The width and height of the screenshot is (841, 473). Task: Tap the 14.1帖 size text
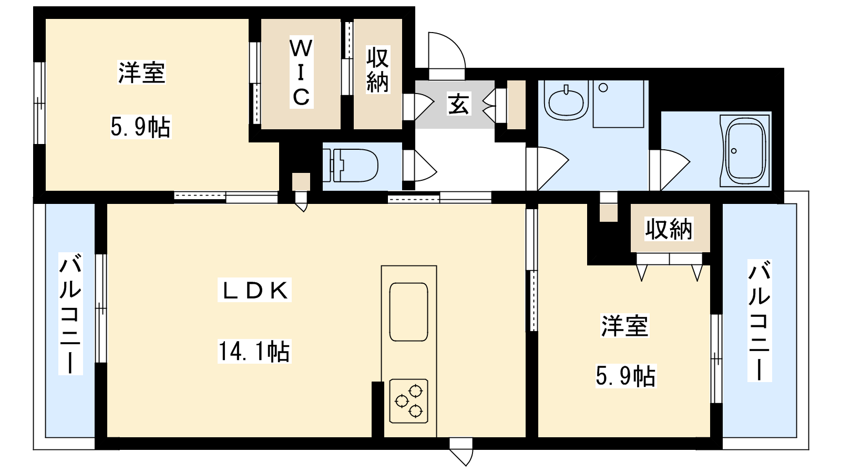[x=254, y=352]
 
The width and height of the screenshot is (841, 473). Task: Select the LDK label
[x=254, y=290]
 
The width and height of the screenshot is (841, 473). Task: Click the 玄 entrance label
[x=459, y=104]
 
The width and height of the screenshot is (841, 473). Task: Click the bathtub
[x=745, y=150]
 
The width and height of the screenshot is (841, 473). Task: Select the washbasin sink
[x=566, y=101]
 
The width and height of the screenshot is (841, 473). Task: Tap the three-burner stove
[x=408, y=401]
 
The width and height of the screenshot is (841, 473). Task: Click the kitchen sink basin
[x=408, y=312]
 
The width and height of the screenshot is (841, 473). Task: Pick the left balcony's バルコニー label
[x=70, y=314]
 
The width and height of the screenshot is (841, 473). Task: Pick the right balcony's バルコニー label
[x=759, y=320]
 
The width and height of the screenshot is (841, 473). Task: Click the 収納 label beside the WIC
[x=377, y=70]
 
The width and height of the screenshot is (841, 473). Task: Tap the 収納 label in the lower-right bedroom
[x=669, y=229]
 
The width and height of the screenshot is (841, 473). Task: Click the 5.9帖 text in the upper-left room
[x=141, y=127]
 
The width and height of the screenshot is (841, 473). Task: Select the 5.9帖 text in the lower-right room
[x=626, y=376]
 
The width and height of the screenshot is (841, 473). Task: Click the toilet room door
[x=420, y=165]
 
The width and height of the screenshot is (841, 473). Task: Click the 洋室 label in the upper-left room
[x=141, y=72]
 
